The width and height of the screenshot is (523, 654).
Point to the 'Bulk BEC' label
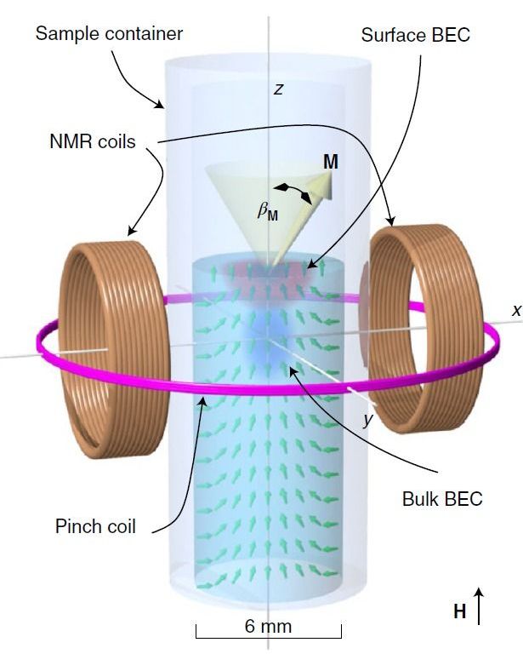click(x=441, y=499)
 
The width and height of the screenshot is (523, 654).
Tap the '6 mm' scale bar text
click(x=268, y=627)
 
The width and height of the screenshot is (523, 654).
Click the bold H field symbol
click(x=459, y=611)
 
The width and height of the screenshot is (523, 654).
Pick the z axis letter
click(x=277, y=89)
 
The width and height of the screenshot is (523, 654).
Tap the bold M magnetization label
click(x=330, y=162)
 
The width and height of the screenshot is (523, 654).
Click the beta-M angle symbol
click(x=267, y=213)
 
